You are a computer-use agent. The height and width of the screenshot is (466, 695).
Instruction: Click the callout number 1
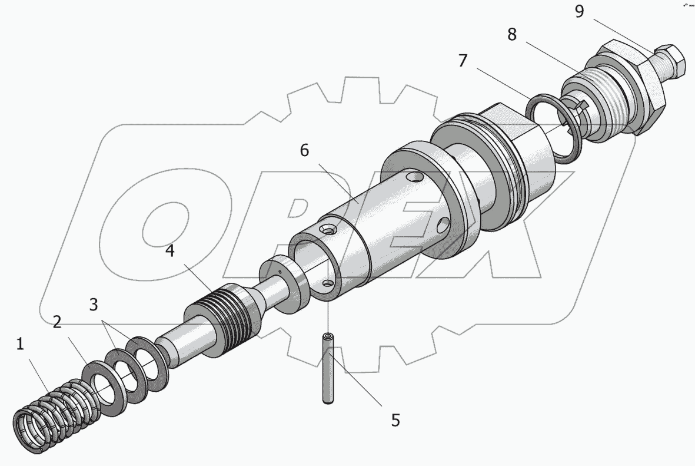[19, 345]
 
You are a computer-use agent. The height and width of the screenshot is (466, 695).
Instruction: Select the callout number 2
[56, 322]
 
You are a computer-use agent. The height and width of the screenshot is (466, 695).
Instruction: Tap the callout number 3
[93, 305]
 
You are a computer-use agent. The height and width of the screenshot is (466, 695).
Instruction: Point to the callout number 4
[169, 251]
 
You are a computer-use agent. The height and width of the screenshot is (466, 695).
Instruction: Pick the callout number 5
[395, 420]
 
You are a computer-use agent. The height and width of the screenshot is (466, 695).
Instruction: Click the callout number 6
[304, 150]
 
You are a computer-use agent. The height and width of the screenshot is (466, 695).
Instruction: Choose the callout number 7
[463, 60]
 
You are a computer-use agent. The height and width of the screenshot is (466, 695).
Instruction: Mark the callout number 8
[512, 34]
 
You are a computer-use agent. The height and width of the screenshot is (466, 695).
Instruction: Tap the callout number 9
[579, 12]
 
